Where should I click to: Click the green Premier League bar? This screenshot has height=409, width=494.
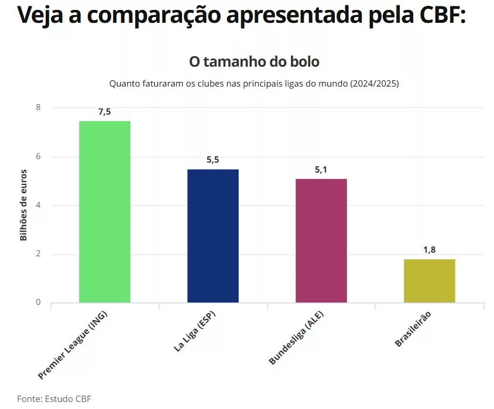105,212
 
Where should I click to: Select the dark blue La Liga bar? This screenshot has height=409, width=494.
212,236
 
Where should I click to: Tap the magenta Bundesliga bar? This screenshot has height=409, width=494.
321,240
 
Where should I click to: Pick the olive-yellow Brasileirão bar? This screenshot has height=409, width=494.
429,281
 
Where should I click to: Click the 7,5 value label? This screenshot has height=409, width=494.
104,112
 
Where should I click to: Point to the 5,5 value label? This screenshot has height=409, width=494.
212,160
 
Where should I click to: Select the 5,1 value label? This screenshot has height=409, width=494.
321,170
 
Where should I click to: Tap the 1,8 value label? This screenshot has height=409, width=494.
429,250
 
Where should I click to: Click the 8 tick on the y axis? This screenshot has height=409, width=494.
38,108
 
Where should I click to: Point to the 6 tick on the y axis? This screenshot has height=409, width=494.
38,157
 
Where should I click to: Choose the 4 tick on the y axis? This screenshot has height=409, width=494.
38,205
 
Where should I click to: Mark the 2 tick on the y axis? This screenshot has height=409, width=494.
38,254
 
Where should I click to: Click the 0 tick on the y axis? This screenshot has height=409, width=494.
38,303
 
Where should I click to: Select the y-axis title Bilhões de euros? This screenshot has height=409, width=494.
23,205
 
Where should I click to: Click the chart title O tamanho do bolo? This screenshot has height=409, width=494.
254,61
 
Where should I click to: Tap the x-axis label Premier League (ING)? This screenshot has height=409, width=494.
73,345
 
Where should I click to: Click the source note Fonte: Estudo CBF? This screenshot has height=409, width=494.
54,398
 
